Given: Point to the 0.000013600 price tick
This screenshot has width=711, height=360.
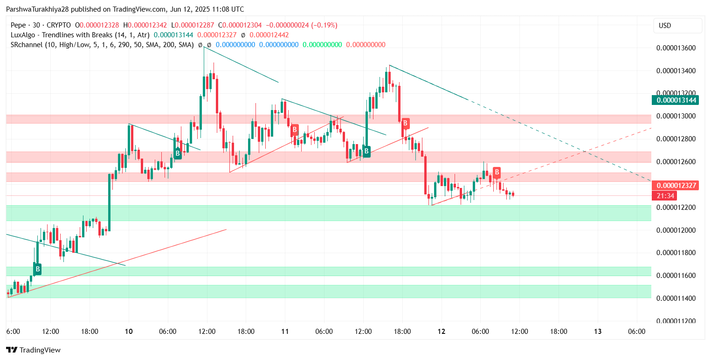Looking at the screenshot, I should [x=676, y=48].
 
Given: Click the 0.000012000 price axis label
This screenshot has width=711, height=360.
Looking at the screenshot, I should [x=676, y=230].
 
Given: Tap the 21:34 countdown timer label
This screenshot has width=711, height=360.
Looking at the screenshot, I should [x=665, y=196].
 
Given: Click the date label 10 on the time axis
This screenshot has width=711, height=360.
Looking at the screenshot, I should [x=129, y=332].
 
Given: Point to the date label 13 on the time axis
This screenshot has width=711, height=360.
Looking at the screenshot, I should [x=598, y=332].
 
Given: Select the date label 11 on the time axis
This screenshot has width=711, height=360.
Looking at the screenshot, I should [x=285, y=332].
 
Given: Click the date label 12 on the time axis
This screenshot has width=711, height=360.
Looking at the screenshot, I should [x=442, y=332].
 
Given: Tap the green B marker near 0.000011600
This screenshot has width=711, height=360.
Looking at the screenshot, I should [x=37, y=269].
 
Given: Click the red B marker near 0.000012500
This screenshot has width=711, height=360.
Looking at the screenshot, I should [x=497, y=172].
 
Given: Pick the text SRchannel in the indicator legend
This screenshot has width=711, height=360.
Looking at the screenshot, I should [x=25, y=45].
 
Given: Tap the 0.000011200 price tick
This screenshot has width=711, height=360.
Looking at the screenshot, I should [x=676, y=321].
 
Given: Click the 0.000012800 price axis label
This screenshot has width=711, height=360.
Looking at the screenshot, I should [x=676, y=139].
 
